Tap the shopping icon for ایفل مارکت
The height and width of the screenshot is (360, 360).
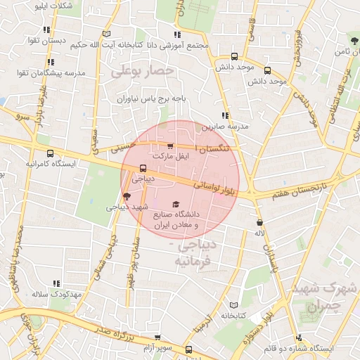coord(171,145)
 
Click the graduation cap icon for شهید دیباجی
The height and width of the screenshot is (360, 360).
coord(127,196)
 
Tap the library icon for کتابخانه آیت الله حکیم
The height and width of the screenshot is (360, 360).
coord(106,34)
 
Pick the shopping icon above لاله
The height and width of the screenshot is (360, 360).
coord(260,222)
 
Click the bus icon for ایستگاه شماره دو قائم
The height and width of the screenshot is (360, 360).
coord(300,337)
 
